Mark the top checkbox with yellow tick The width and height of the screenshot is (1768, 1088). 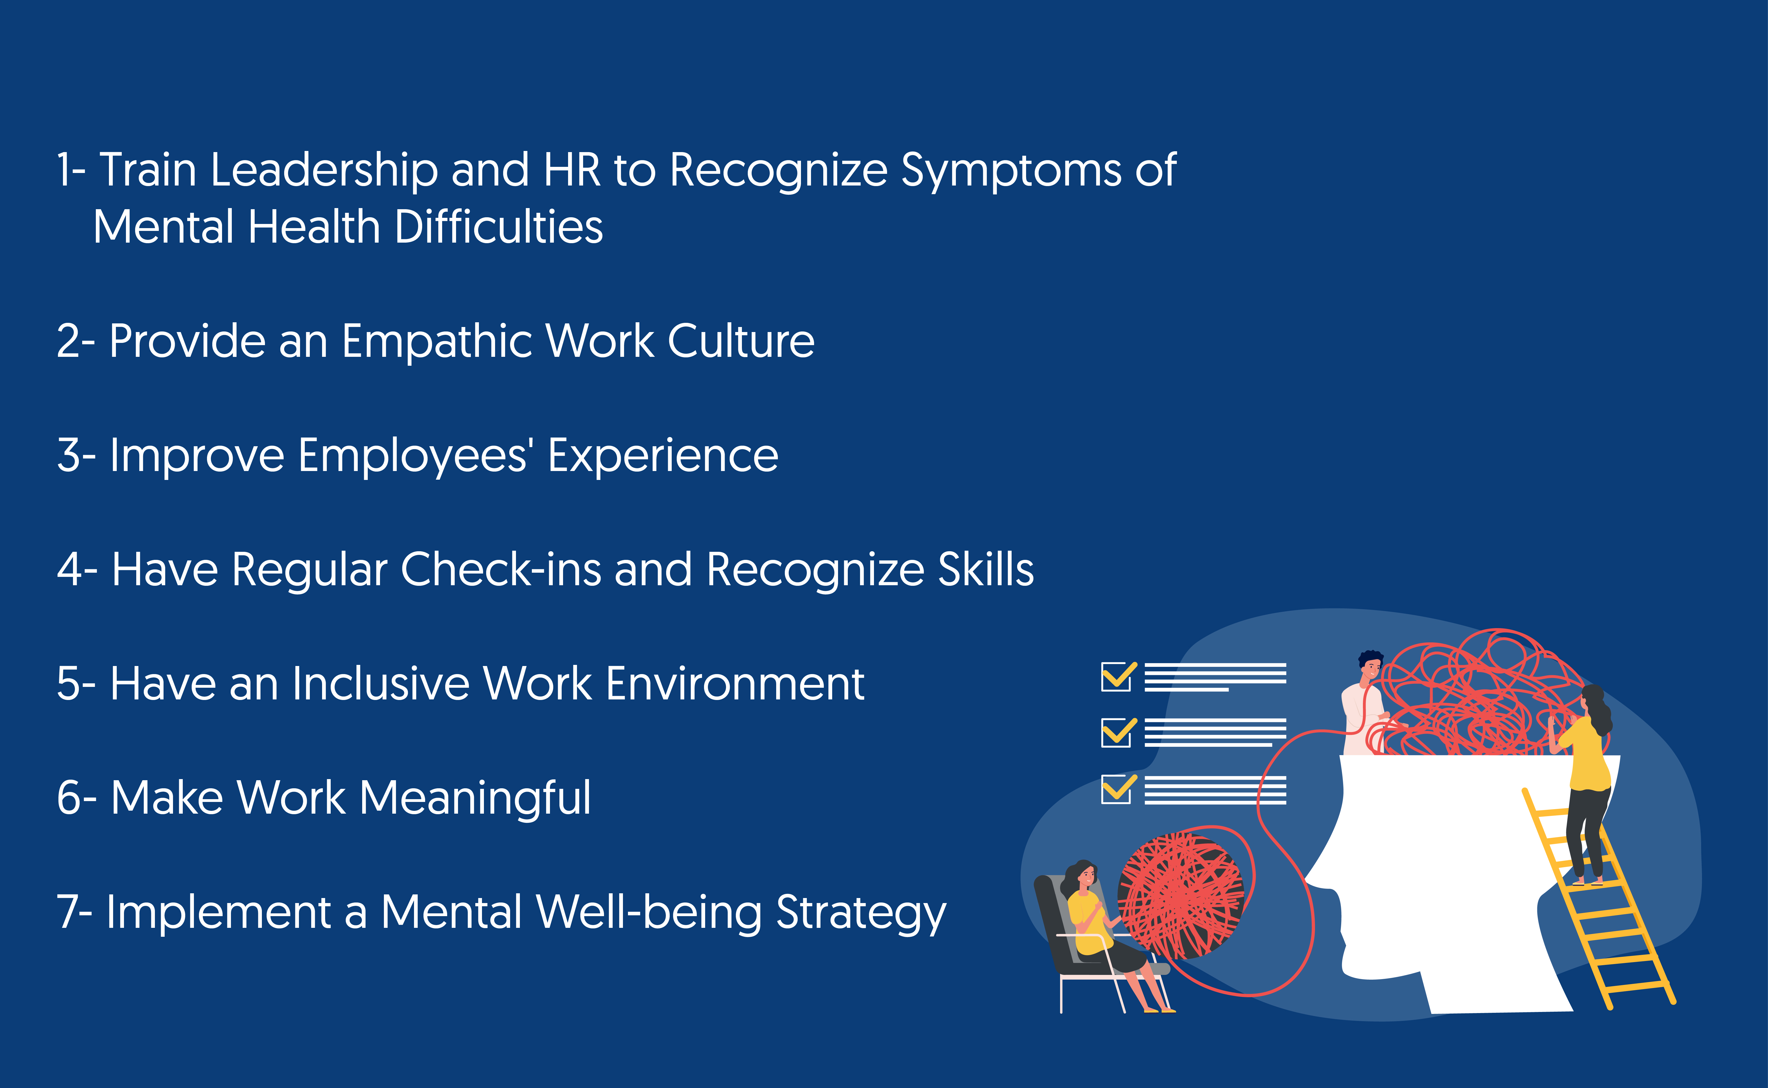1118,676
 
